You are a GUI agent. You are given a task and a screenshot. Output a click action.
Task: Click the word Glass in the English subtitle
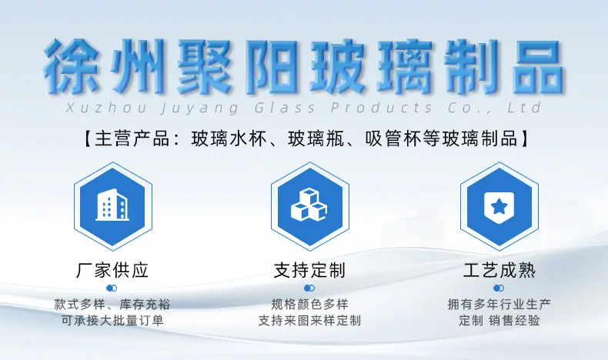(285, 108)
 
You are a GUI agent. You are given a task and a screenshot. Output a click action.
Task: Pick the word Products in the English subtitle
(381, 108)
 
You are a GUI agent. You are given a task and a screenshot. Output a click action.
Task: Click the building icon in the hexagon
(112, 205)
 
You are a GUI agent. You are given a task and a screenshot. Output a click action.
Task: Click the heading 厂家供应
(112, 271)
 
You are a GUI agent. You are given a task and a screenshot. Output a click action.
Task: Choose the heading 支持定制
(309, 271)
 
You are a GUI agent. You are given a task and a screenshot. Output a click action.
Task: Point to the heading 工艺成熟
(499, 271)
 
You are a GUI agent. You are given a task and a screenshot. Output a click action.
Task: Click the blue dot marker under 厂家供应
(112, 288)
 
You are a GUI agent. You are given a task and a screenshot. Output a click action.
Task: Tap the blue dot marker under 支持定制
(309, 288)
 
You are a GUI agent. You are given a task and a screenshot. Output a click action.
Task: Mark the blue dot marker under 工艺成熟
(499, 288)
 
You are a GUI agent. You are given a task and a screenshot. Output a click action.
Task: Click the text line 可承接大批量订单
(112, 321)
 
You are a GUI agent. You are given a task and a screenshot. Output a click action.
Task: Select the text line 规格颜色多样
(309, 305)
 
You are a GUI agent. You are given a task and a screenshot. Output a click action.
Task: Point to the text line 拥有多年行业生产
(499, 305)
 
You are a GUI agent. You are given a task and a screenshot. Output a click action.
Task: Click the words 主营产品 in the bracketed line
(132, 138)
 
